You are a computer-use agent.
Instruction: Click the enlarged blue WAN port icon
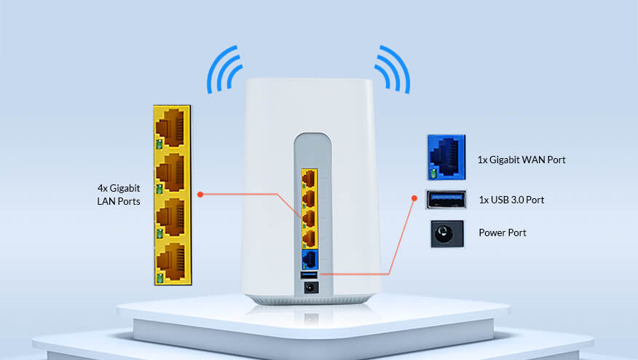tap(446, 157)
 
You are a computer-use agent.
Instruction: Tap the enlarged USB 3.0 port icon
tap(446, 200)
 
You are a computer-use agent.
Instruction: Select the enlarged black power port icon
tap(446, 234)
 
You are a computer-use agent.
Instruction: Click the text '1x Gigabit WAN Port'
tap(521, 160)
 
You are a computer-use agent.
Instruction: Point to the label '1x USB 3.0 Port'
tap(511, 200)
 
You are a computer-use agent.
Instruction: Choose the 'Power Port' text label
tap(503, 232)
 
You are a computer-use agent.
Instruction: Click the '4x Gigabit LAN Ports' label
tap(119, 195)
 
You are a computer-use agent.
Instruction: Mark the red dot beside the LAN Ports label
tap(200, 195)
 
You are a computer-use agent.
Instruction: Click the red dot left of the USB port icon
tap(414, 198)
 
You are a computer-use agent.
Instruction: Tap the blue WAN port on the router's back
tap(310, 259)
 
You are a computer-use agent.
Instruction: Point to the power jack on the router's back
tap(311, 288)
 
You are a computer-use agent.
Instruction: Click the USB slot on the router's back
tap(309, 275)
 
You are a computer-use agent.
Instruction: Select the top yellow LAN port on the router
tap(310, 179)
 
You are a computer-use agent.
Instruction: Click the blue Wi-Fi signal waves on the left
tap(224, 69)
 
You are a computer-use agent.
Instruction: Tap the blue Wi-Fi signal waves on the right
tap(393, 69)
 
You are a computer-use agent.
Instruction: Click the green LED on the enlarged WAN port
tap(433, 174)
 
